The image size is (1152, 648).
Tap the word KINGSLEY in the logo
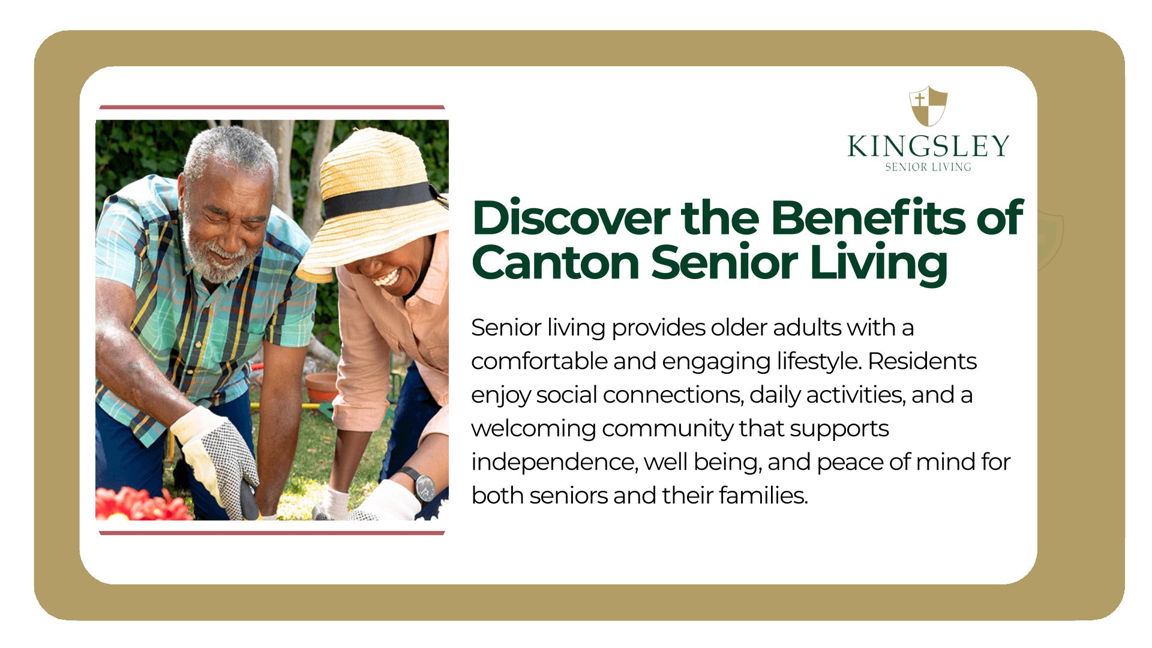pos(928,146)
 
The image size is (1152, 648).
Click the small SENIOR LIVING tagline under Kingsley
pos(928,167)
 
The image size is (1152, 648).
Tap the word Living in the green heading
pos(878,264)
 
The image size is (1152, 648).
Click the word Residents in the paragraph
pos(922,361)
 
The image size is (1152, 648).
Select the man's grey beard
pos(219,255)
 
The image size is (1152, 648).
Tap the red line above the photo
pos(272,107)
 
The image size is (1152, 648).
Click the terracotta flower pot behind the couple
pos(322,387)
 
